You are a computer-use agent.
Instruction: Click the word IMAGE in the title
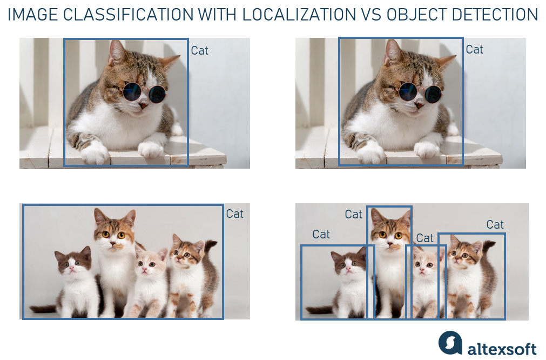click(x=33, y=15)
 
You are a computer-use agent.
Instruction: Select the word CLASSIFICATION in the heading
click(x=129, y=15)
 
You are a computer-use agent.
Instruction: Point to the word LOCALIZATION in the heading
click(x=299, y=15)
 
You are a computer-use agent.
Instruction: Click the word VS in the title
click(x=371, y=15)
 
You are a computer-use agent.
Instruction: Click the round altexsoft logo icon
click(x=450, y=342)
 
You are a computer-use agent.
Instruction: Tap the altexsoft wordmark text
click(x=502, y=349)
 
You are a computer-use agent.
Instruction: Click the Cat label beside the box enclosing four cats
click(x=235, y=214)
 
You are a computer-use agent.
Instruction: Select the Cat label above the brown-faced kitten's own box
click(x=321, y=234)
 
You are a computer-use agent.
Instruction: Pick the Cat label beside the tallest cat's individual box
click(x=353, y=215)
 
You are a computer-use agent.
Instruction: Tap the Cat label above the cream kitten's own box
click(x=425, y=238)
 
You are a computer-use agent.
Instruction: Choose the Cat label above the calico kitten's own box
click(x=495, y=224)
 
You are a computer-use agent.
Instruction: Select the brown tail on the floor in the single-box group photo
click(x=43, y=309)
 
